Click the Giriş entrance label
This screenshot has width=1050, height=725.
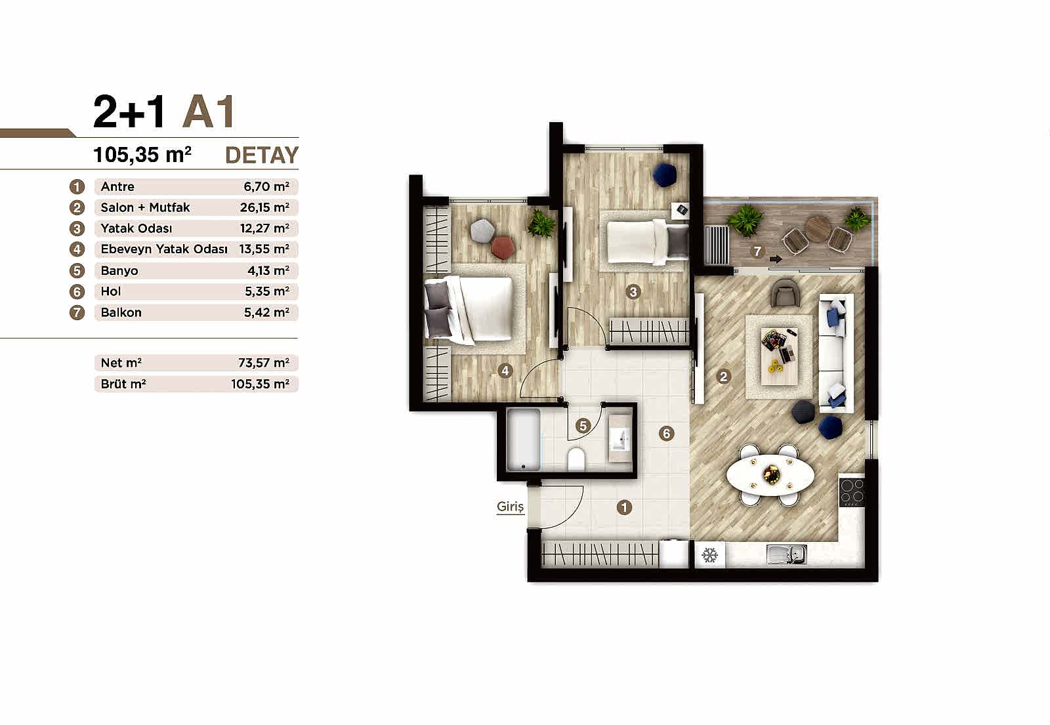pyautogui.click(x=510, y=507)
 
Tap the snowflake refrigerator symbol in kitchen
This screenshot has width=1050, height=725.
pyautogui.click(x=709, y=555)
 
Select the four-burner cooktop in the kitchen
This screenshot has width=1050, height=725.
pyautogui.click(x=852, y=491)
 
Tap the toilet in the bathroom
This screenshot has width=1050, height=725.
pyautogui.click(x=576, y=459)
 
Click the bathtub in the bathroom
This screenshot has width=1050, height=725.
pyautogui.click(x=524, y=440)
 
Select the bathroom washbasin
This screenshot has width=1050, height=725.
pyautogui.click(x=619, y=438)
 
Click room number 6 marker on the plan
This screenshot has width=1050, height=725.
pyautogui.click(x=666, y=433)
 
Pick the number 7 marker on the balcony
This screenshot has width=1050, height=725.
pyautogui.click(x=757, y=251)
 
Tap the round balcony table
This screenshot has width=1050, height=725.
pyautogui.click(x=818, y=229)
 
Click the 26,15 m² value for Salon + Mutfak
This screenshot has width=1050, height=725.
pyautogui.click(x=264, y=207)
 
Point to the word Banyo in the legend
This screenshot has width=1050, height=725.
pyautogui.click(x=119, y=270)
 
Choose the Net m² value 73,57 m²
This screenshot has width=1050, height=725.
pyautogui.click(x=263, y=363)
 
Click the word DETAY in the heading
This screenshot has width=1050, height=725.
pyautogui.click(x=261, y=155)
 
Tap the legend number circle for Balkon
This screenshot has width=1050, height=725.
pyautogui.click(x=77, y=312)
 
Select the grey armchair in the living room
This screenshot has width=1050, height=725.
pyautogui.click(x=785, y=293)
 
